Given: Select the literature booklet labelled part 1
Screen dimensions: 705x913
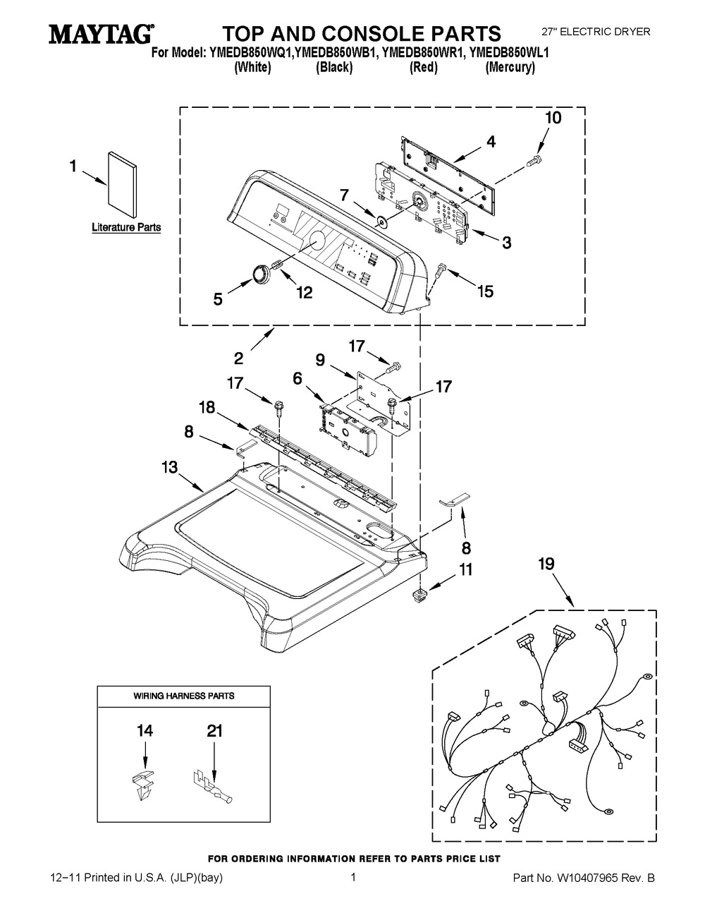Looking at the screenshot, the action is [x=122, y=185].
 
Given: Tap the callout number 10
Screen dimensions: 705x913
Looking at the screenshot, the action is [x=553, y=118].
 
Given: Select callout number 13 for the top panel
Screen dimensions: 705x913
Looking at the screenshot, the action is [x=170, y=467].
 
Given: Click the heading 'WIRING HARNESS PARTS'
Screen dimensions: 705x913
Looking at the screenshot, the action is [x=184, y=696].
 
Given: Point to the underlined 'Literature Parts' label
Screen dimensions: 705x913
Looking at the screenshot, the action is [x=126, y=227].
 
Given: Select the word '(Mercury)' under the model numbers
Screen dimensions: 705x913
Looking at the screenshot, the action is [x=510, y=67].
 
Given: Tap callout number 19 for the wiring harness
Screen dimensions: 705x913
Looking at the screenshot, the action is [x=546, y=564].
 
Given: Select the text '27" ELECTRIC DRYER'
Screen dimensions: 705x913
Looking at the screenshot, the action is [x=596, y=32].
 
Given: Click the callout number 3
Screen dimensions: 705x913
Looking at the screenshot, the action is [x=506, y=243].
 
